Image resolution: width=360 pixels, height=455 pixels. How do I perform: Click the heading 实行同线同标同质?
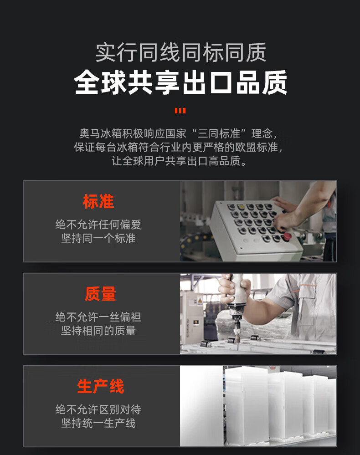pos(180,52)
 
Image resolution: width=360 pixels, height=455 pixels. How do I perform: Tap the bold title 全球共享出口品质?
pos(180,82)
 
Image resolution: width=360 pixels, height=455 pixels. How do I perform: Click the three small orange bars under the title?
pos(180,111)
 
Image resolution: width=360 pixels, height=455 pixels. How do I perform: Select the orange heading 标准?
pos(98,201)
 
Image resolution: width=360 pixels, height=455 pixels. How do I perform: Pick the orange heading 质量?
pos(100,294)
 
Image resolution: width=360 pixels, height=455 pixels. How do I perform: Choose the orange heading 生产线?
pos(100,386)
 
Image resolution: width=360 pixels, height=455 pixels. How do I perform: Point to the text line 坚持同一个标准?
pos(98,239)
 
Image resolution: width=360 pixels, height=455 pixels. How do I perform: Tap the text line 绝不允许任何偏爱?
pos(98,225)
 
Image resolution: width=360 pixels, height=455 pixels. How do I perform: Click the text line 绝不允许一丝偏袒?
pos(98,317)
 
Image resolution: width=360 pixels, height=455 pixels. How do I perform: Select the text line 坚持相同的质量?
pos(98,331)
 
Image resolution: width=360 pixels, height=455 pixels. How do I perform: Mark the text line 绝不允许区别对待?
pos(98,409)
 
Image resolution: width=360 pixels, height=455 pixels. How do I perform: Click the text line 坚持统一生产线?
pos(98,424)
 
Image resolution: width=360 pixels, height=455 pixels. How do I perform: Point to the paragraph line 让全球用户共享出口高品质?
pos(180,161)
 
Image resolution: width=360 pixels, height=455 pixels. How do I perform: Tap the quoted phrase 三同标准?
pos(219,134)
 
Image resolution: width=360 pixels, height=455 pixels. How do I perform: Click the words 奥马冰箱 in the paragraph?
pos(100,134)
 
